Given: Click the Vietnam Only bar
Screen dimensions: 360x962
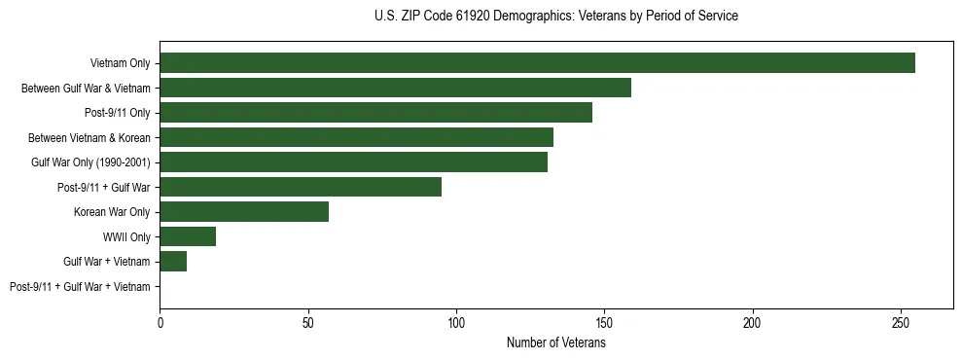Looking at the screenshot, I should (537, 63).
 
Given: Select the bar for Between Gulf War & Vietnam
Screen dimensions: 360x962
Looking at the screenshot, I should (395, 89).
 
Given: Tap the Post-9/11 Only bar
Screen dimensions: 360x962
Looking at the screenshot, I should (375, 113).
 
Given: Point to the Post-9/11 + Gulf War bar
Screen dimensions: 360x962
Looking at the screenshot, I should (301, 187).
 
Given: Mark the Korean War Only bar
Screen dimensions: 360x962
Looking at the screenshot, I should (244, 212).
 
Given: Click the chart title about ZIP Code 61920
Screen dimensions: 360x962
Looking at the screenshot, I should (555, 17).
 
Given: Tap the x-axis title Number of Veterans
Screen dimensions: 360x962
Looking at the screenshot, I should (555, 342).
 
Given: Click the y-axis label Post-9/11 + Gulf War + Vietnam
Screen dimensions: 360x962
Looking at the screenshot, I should (80, 286).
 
